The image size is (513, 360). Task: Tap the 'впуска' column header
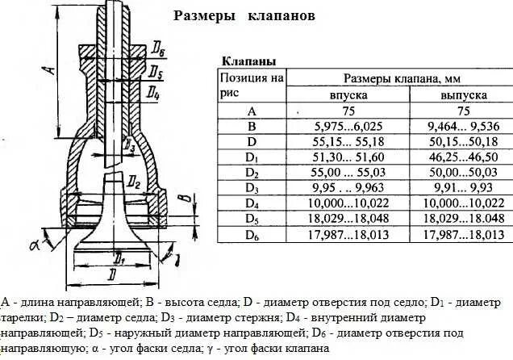point(348,94)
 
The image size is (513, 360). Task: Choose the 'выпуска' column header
point(463,94)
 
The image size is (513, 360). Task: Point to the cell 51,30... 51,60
point(348,157)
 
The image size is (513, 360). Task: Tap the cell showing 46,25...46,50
point(463,157)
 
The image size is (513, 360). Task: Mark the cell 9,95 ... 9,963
point(348,187)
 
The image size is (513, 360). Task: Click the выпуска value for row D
point(463,141)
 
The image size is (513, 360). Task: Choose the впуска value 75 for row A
point(348,111)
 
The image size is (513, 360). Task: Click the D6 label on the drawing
point(158,52)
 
